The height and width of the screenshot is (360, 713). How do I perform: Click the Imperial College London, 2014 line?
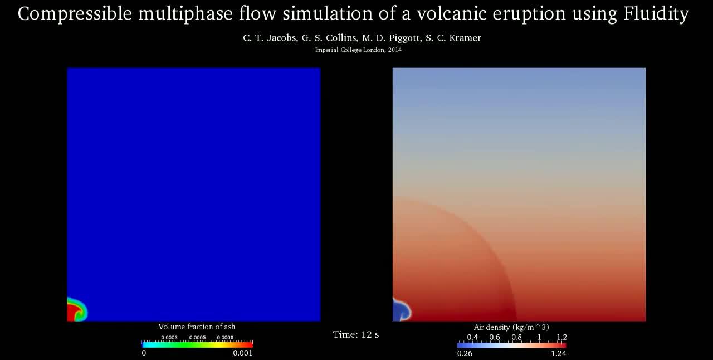point(358,50)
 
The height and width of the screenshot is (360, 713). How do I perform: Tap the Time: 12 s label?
point(356,334)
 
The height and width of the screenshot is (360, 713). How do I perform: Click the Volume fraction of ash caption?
point(197,327)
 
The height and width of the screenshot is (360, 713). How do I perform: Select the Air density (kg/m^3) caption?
point(511,327)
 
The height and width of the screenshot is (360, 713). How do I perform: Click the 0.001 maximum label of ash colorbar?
point(242,353)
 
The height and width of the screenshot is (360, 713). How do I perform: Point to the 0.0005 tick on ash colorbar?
point(197,338)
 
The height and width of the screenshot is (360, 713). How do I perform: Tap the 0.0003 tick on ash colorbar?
point(169,338)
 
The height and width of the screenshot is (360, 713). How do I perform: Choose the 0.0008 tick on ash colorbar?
point(225,338)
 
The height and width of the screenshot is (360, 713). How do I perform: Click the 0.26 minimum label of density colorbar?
point(465,353)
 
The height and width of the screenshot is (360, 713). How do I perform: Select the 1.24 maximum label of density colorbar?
point(558,353)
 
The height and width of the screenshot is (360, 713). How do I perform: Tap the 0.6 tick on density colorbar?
point(494,337)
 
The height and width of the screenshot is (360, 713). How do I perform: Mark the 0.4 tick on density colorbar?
point(472,337)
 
